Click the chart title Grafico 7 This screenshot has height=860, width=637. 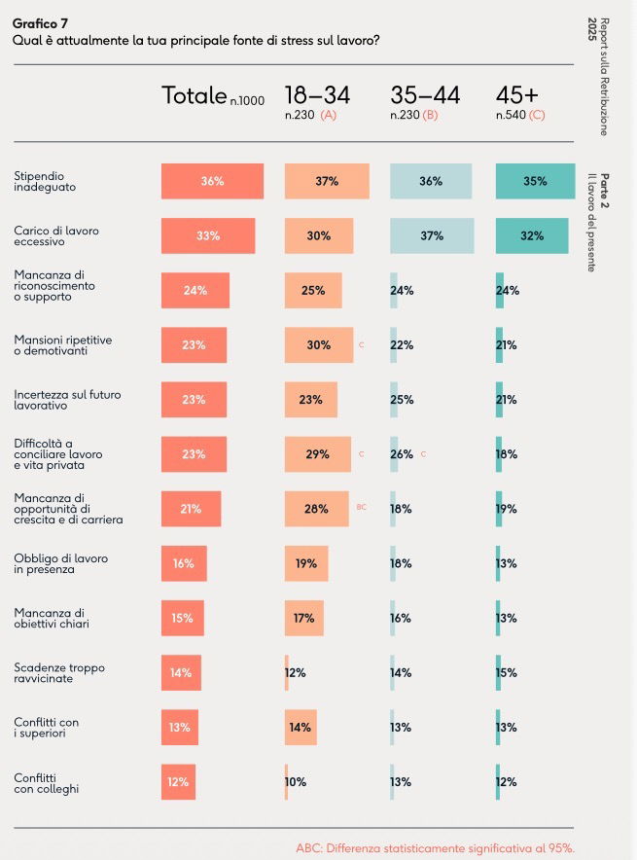pos(40,22)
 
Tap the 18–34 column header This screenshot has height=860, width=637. pos(317,95)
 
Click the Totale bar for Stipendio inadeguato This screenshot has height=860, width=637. pos(212,181)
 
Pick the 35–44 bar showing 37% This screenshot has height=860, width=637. pos(432,235)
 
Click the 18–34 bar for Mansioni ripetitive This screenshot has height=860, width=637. pos(319,344)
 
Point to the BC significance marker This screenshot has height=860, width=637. pos(362,507)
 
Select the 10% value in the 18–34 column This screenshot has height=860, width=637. pos(296,780)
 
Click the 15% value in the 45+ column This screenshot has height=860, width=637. pos(506,671)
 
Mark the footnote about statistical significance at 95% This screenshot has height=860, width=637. pos(442,846)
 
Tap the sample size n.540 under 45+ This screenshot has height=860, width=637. pos(511,115)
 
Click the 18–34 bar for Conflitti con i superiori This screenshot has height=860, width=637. pos(300,726)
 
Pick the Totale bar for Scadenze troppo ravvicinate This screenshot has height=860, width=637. pos(181,671)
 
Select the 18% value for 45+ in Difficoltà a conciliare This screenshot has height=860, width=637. pos(506,453)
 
